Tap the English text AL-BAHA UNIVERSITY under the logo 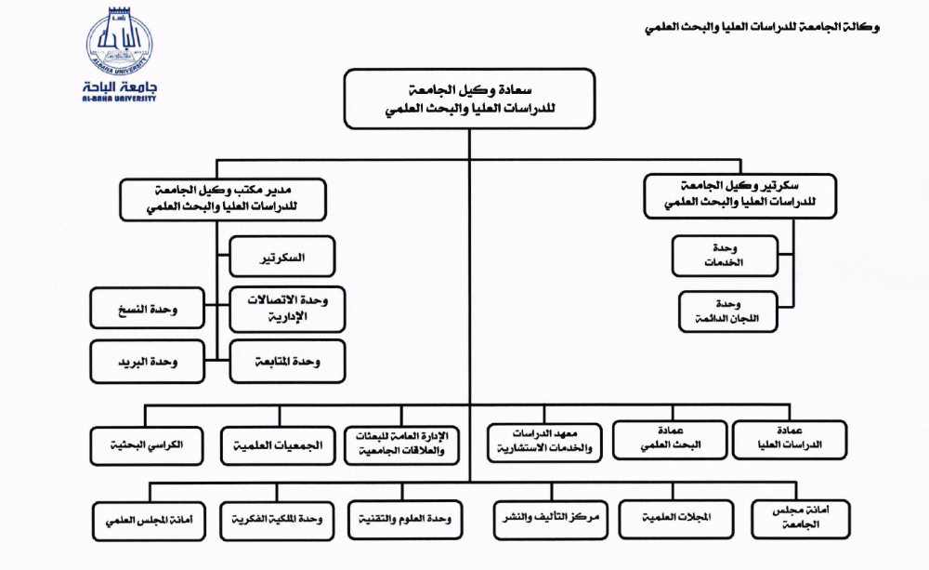click(120, 97)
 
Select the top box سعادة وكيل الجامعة click(468, 99)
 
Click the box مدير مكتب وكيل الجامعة click(223, 199)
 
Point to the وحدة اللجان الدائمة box click(726, 312)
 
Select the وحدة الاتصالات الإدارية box click(287, 310)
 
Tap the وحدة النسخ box click(147, 309)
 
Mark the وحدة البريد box click(147, 362)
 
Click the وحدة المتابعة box click(287, 362)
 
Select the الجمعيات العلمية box click(276, 445)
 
